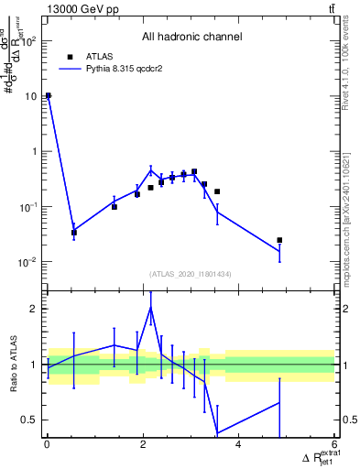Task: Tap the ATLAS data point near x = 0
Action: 48,95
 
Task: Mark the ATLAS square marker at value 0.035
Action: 74,232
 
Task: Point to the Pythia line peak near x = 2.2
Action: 152,169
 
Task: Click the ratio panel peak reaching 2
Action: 151,308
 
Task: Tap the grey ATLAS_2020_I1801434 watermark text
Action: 191,274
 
